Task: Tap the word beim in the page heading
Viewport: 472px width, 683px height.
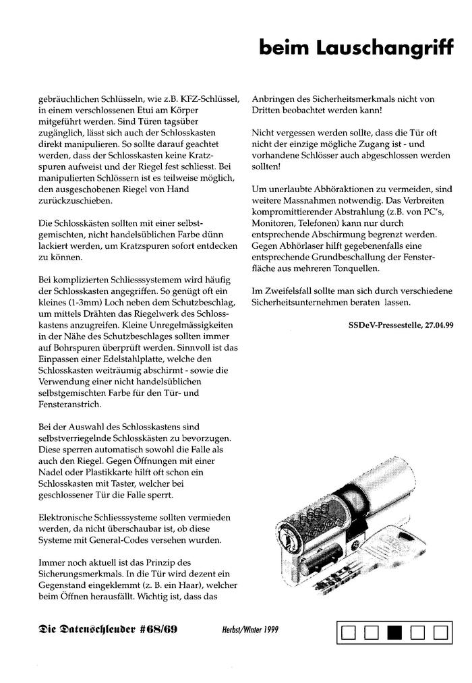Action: [282, 48]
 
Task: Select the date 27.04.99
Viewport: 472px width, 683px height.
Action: [439, 324]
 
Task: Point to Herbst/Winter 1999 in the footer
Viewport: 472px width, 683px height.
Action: [250, 630]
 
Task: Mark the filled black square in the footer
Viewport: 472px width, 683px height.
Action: [394, 633]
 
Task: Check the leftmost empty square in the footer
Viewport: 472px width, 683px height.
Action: [349, 633]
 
